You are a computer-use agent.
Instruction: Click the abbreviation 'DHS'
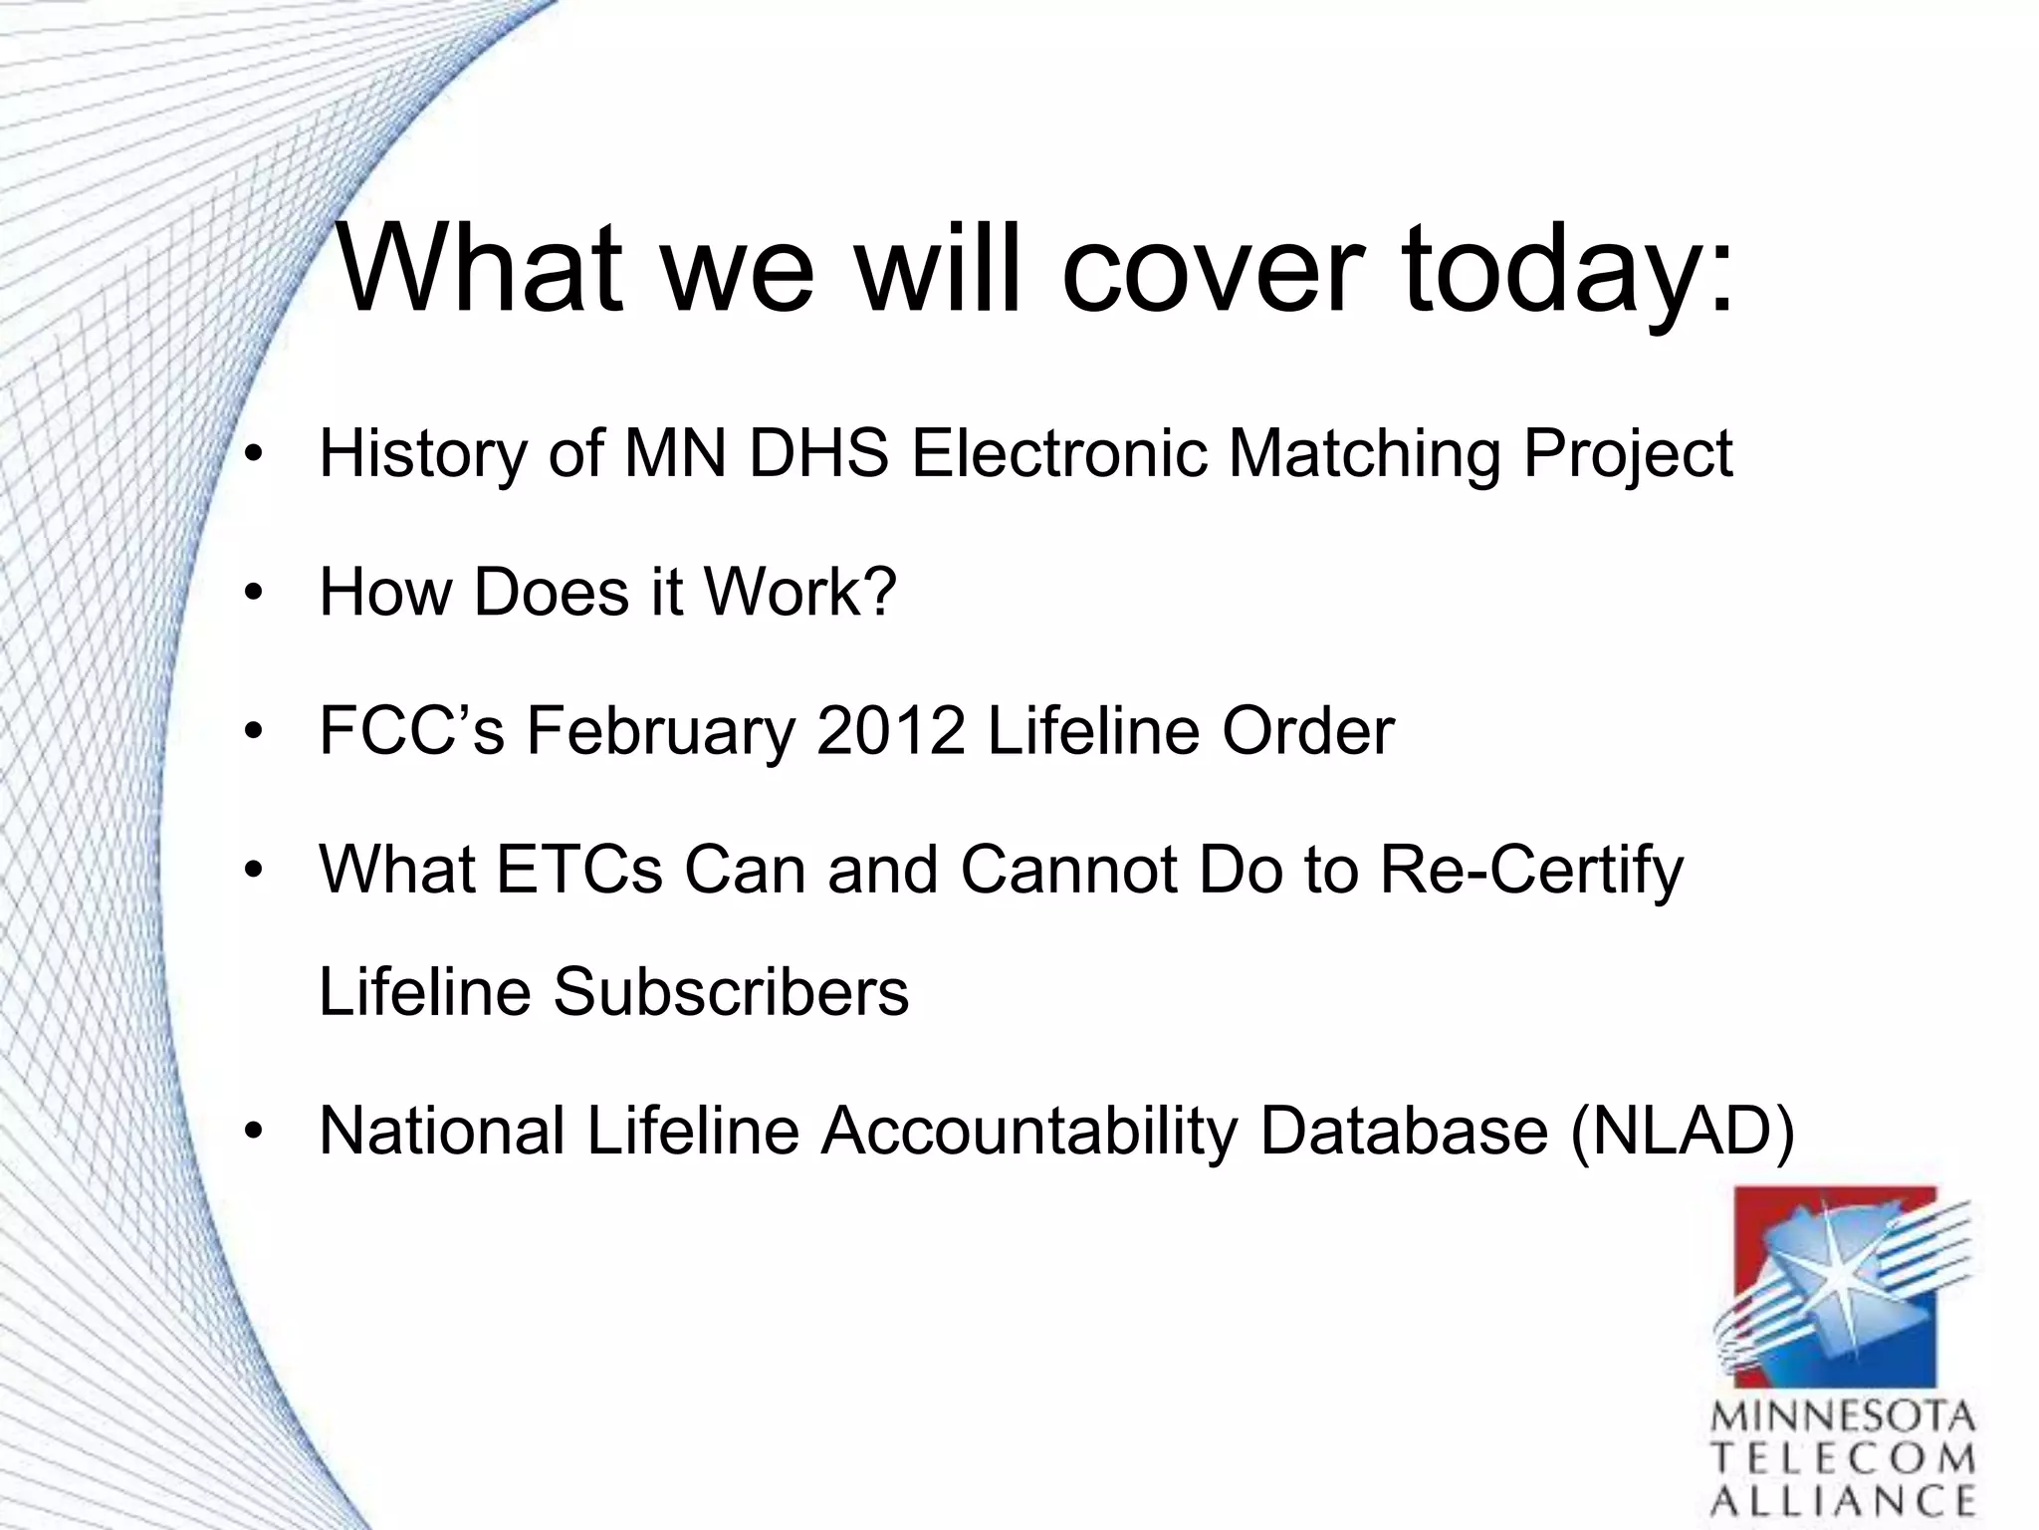tap(818, 453)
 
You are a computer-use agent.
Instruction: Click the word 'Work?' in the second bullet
tap(800, 592)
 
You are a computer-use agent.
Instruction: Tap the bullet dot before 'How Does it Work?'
tap(255, 594)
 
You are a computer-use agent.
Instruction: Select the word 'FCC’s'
tap(411, 730)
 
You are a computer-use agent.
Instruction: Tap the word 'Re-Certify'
tap(1531, 871)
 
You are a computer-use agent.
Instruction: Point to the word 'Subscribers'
tap(731, 992)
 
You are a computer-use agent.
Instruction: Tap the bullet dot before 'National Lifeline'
tap(255, 1133)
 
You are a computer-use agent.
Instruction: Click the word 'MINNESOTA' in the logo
tap(1843, 1416)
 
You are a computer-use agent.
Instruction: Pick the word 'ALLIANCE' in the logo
tap(1843, 1500)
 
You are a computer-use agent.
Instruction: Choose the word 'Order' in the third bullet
tap(1307, 730)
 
